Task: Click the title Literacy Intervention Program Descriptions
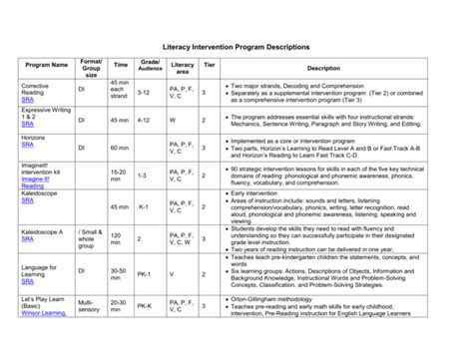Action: [x=236, y=48]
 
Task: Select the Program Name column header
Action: [x=46, y=68]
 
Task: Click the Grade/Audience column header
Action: [x=150, y=66]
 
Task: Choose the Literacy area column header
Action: [x=183, y=66]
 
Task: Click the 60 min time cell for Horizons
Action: [x=120, y=147]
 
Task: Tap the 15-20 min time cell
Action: [x=119, y=176]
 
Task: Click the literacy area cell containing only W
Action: [x=173, y=120]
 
